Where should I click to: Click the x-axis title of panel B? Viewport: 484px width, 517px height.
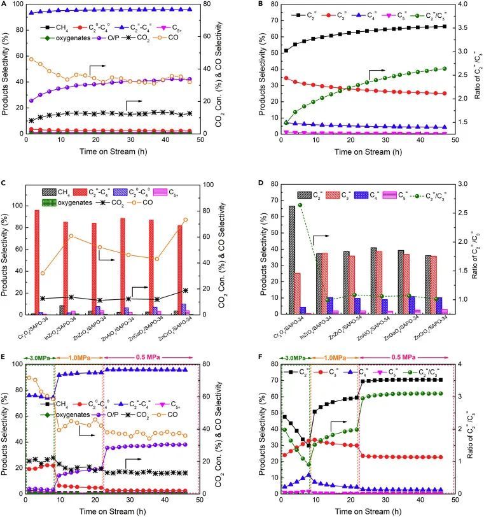tap(366, 152)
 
